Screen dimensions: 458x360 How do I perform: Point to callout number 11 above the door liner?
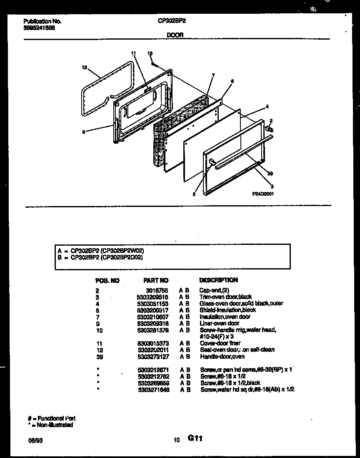click(133, 54)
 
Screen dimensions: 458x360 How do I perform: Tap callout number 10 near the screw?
click(150, 53)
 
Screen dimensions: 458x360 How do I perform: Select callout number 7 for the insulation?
click(213, 75)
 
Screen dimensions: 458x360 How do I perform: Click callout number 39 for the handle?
click(270, 174)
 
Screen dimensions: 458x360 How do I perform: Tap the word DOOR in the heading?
click(175, 35)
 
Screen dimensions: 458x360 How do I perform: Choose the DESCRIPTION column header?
click(218, 280)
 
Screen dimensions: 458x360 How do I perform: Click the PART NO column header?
click(156, 280)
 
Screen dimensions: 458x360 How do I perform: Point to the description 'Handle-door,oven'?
click(222, 357)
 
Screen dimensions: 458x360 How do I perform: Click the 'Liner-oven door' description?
click(220, 323)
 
